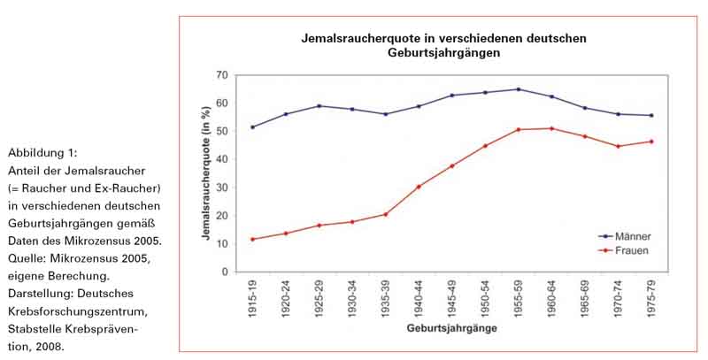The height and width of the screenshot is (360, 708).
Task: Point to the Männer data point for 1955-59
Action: [518, 89]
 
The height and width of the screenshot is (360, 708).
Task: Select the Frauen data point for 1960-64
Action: [552, 128]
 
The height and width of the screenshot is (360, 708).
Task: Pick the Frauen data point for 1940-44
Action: [418, 187]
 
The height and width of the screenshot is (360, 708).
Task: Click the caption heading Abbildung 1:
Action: [40, 153]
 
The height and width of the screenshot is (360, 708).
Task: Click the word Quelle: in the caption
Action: [27, 257]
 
